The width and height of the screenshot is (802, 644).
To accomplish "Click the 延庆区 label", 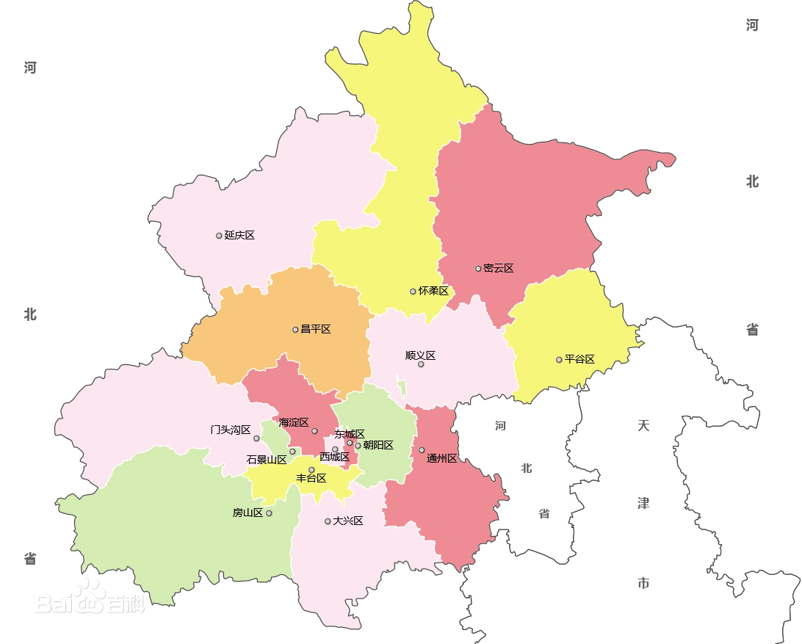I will (x=239, y=235).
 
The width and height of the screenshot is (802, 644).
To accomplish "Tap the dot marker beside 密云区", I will (x=478, y=269).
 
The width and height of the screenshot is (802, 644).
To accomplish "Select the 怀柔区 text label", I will (x=433, y=291).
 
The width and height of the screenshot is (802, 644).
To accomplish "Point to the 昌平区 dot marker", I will (x=295, y=330).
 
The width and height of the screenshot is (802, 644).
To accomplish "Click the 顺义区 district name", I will (x=420, y=355).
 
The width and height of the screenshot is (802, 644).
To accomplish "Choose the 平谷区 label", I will (x=579, y=359).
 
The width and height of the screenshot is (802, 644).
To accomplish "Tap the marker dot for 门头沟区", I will (x=256, y=438).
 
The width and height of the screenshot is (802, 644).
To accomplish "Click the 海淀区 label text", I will (x=293, y=422).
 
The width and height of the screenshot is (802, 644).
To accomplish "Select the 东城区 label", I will (x=350, y=434).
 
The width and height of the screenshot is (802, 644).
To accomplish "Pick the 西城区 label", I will (x=334, y=457).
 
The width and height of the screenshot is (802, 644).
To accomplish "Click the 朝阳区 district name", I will (x=378, y=445).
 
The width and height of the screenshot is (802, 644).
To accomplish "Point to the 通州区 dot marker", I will (x=422, y=450).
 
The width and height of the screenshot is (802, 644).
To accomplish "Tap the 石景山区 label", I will (x=267, y=460).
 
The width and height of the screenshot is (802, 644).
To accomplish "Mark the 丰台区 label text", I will (x=311, y=478).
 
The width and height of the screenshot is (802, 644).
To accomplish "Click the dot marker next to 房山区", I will (x=269, y=513).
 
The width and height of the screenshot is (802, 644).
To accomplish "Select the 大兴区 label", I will (x=348, y=521).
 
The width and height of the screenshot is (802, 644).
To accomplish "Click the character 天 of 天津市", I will (x=643, y=426).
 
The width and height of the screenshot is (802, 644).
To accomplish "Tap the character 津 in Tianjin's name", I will (x=643, y=504).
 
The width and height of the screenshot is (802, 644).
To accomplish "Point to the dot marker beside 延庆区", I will (x=219, y=236).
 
